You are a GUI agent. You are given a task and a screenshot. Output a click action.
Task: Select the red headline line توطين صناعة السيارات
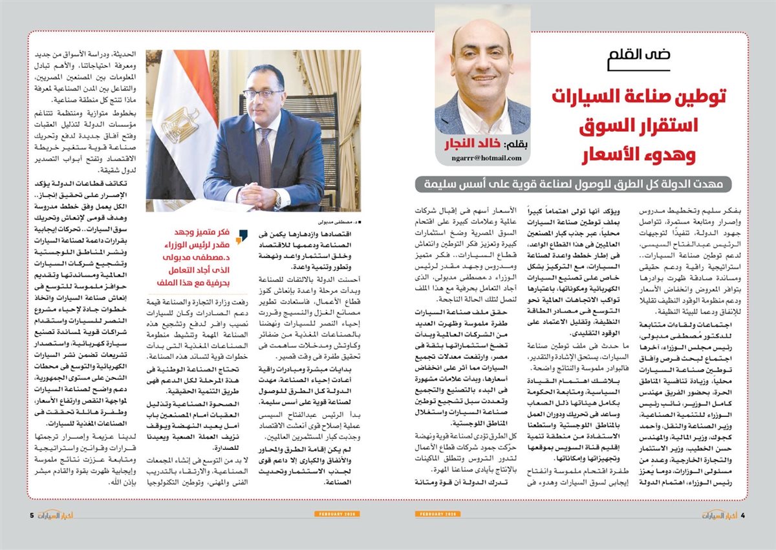pyautogui.click(x=640, y=97)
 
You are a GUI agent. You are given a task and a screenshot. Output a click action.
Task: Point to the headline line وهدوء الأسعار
pyautogui.click(x=658, y=155)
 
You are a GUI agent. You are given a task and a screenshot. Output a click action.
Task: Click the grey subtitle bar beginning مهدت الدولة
pyautogui.click(x=573, y=184)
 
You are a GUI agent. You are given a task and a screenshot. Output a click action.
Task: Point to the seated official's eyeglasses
pyautogui.click(x=262, y=94)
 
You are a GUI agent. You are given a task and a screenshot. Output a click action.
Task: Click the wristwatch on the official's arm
pyautogui.click(x=277, y=201)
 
